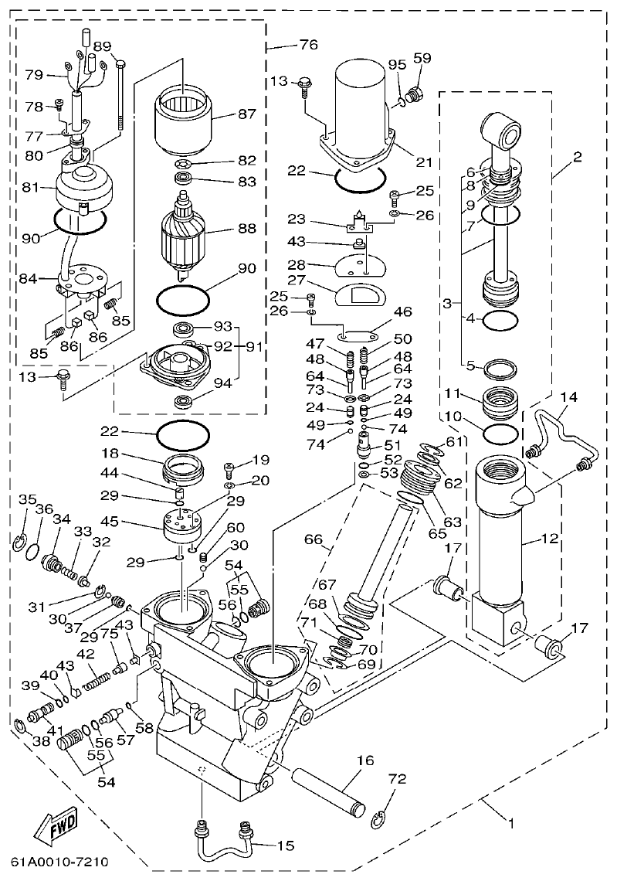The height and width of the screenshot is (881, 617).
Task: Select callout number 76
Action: pyautogui.click(x=307, y=46)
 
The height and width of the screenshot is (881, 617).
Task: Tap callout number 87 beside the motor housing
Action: pyautogui.click(x=246, y=114)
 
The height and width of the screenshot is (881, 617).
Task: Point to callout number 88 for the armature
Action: pyautogui.click(x=246, y=230)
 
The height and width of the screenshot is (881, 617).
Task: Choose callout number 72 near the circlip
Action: pyautogui.click(x=396, y=779)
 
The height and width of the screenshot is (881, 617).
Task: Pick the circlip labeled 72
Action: pyautogui.click(x=378, y=820)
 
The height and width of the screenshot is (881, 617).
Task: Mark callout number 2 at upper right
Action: pyautogui.click(x=577, y=156)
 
